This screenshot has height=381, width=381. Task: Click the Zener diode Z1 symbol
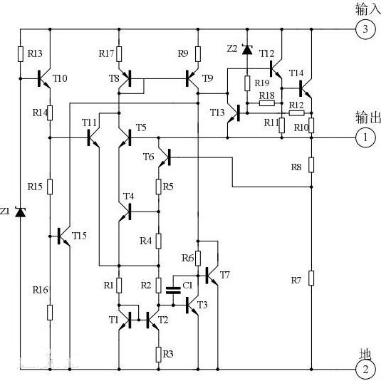(x=21, y=212)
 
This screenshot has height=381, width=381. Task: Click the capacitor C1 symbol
(x=172, y=290)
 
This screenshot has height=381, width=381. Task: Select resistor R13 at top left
(x=21, y=53)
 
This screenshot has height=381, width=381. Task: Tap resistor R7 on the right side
(x=311, y=278)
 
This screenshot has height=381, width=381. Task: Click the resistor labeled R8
(x=311, y=165)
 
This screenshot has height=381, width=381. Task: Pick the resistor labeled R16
(x=50, y=311)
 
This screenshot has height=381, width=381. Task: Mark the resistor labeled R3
(x=158, y=353)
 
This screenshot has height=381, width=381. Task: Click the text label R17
(x=106, y=53)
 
